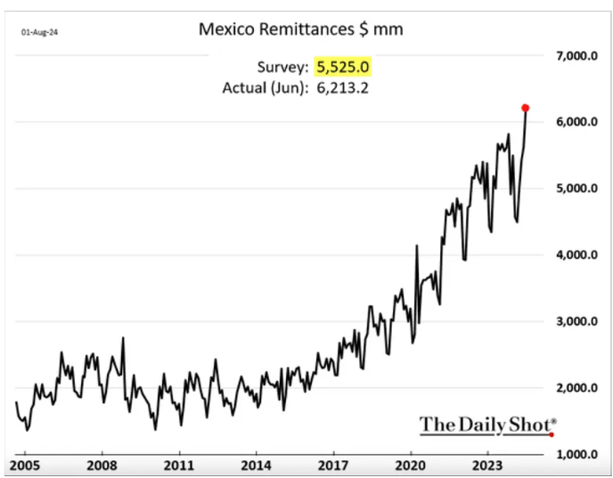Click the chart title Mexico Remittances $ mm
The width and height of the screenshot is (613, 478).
300,29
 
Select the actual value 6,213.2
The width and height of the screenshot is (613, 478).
346,87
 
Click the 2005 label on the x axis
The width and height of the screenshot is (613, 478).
25,465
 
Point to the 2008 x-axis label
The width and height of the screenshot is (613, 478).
102,465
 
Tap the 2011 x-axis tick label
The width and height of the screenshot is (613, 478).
179,465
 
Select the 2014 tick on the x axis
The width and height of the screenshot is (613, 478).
257,465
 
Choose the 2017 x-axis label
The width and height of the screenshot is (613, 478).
334,465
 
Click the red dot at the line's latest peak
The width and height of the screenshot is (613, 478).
526,108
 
